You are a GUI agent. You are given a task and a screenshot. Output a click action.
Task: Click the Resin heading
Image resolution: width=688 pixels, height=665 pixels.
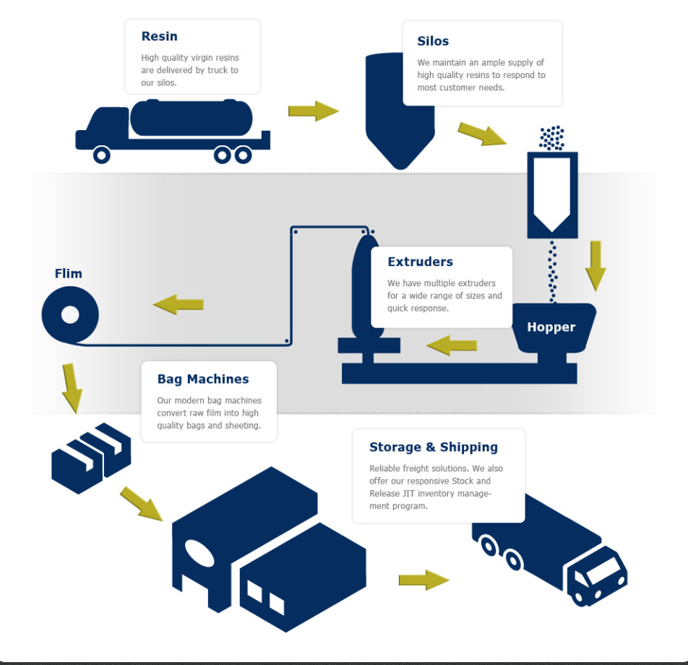(159, 36)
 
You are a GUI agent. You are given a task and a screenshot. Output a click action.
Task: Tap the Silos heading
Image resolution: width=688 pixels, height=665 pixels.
(433, 41)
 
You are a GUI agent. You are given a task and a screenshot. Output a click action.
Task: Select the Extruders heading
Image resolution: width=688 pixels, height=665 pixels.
(420, 262)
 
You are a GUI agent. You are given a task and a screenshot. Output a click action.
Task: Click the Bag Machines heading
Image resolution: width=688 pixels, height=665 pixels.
(203, 379)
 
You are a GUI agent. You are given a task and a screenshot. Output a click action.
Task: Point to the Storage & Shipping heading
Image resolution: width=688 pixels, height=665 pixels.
(433, 447)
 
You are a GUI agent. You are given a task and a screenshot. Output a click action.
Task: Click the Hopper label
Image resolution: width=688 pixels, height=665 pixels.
(551, 327)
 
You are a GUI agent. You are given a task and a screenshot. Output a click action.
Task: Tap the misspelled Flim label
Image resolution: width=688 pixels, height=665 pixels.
(69, 273)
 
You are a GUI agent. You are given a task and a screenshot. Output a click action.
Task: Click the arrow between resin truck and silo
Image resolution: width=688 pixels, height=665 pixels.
(313, 111)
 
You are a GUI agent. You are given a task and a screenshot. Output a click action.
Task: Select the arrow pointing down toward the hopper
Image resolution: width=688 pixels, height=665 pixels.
(595, 265)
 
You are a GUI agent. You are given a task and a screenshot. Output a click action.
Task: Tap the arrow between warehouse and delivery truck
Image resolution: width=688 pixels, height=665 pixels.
(423, 580)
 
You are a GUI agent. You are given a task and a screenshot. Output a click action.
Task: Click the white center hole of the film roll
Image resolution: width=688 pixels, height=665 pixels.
(70, 315)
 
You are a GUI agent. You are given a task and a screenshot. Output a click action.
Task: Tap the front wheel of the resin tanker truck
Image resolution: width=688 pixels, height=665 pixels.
(102, 155)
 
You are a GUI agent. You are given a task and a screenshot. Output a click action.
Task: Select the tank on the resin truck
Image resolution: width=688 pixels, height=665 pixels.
(192, 118)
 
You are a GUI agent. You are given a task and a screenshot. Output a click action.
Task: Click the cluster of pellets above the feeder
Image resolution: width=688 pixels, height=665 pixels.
(552, 137)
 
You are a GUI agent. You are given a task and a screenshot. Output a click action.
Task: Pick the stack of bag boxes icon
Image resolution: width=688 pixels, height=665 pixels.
(90, 457)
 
